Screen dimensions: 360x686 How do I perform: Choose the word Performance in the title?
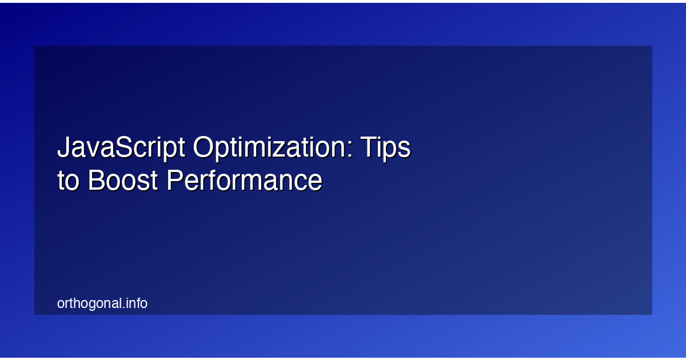click(x=245, y=181)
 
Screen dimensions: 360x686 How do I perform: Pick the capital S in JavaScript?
click(x=122, y=149)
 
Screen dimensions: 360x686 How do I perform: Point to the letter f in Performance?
click(x=211, y=180)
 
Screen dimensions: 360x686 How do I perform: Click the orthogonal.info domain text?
click(x=102, y=303)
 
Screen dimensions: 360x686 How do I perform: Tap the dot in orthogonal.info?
click(x=123, y=307)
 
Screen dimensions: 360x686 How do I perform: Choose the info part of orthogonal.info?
click(x=136, y=303)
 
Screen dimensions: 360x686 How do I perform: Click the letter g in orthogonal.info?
click(x=91, y=305)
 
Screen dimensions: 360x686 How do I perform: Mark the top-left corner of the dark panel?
click(x=35, y=46)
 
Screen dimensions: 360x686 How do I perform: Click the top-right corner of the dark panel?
click(x=652, y=46)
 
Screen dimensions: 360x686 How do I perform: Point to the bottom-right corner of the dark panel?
click(x=652, y=314)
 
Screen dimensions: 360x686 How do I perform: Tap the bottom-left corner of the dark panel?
click(x=35, y=314)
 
